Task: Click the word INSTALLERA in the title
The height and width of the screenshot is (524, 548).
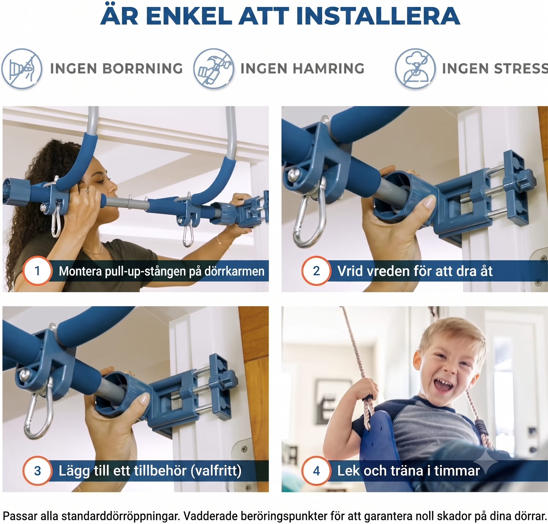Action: [x=378, y=16]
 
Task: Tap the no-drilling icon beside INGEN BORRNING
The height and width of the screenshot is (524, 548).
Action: [x=22, y=69]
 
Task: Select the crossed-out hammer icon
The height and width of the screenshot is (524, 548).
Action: [x=213, y=69]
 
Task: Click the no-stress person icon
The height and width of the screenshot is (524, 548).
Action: [x=415, y=69]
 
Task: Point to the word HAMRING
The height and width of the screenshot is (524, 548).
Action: [x=329, y=69]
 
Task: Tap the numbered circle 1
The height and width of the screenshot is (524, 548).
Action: [x=37, y=271]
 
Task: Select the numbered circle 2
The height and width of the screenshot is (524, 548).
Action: [x=316, y=271]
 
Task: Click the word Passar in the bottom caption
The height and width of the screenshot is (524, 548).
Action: [x=20, y=516]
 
